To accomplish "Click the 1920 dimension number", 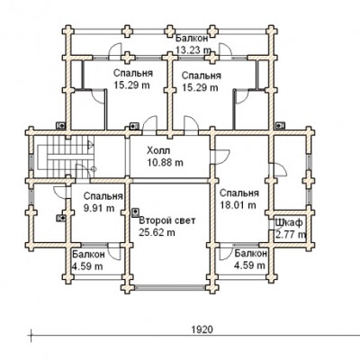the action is coord(202,329).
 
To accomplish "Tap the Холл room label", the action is coord(158,150).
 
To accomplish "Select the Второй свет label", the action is coord(167,220).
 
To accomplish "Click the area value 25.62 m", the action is coord(157,232).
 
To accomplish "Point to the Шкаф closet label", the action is coord(289,223).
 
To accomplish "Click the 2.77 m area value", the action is coord(291,235).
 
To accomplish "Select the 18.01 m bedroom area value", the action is coord(238,205).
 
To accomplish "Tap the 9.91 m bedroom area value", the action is coord(99,208).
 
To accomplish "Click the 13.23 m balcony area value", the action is coord(193,50).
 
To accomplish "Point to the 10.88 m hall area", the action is coord(165,162).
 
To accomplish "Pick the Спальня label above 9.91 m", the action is coord(103,196).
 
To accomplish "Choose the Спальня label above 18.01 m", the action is coord(239,193).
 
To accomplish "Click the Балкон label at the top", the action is coord(192,39).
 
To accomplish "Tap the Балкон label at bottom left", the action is coord(89,254).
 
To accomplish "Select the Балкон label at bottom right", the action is coord(251,254).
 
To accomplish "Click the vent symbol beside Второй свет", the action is coord(135,212).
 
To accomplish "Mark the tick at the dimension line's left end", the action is coord(31,334).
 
